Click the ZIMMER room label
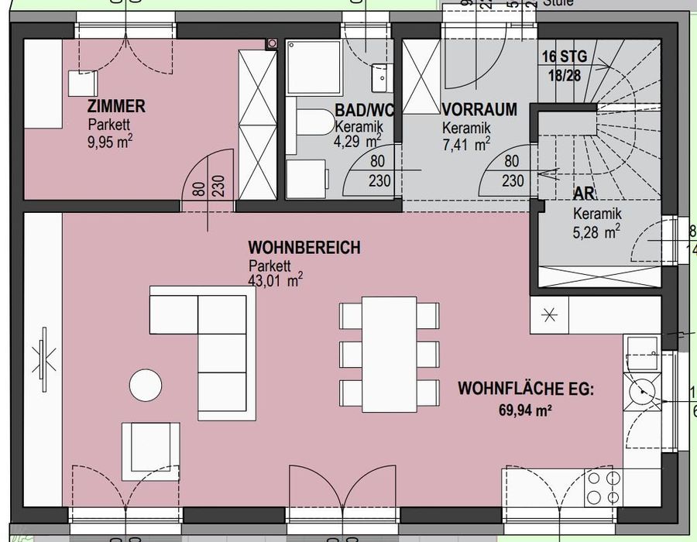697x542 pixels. point(116,107)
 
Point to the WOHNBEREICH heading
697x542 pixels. point(304,248)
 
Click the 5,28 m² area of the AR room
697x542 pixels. point(596,231)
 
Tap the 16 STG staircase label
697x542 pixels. point(564,57)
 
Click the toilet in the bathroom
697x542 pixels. point(311,122)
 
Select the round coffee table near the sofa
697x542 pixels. point(146,386)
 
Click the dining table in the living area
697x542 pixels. point(390,354)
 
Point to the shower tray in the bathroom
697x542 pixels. point(313,67)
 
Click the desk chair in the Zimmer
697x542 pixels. point(82,83)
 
